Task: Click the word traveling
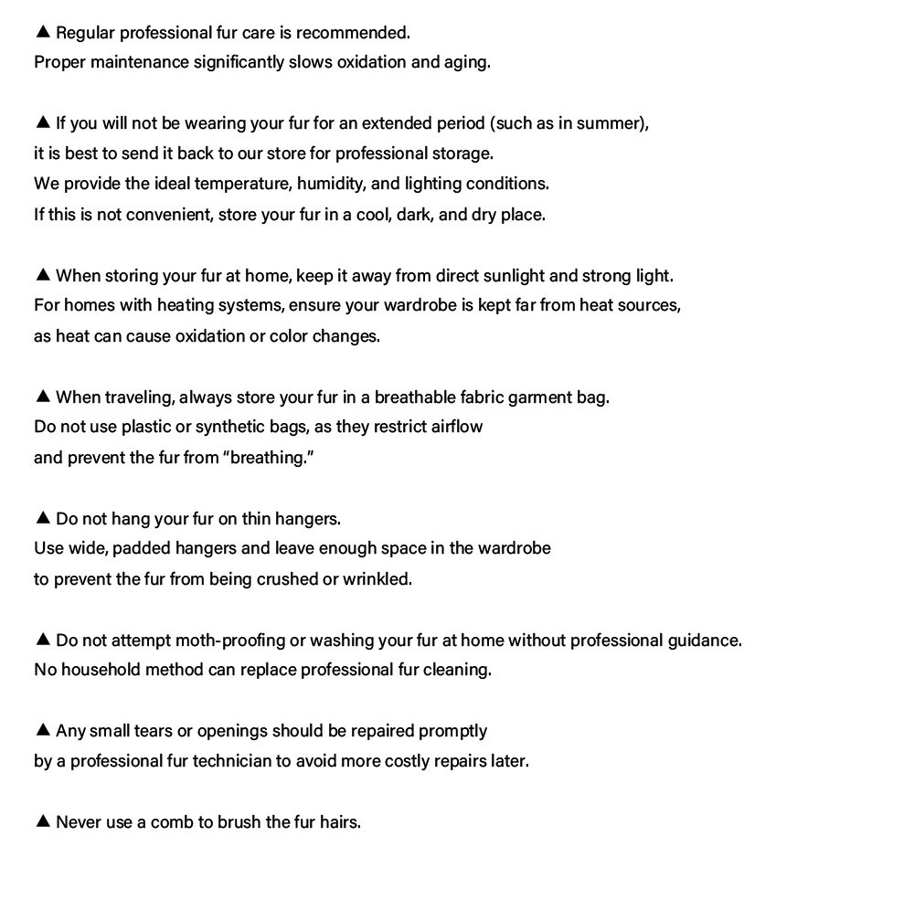[x=136, y=397]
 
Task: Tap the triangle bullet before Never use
[x=42, y=821]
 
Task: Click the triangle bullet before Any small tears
[x=42, y=730]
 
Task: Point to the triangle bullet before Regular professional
[x=42, y=32]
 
